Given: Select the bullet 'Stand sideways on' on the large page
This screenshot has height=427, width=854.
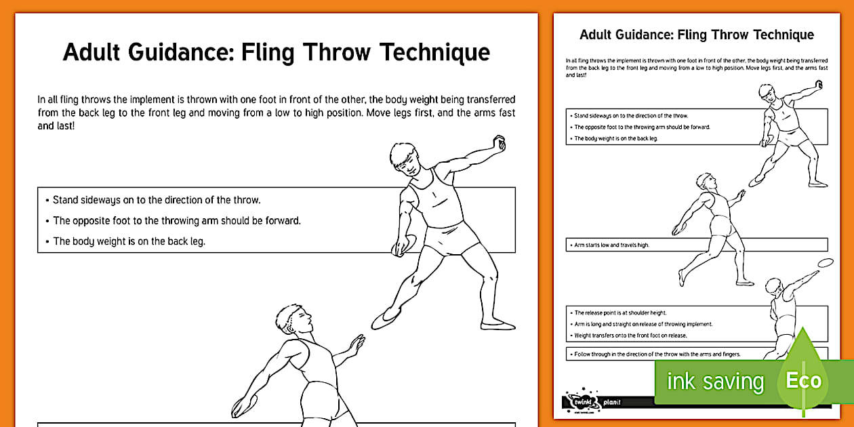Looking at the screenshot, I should [157, 200].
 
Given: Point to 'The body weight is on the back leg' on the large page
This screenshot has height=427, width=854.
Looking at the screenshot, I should [129, 241].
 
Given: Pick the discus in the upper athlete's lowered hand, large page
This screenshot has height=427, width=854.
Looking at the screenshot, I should [399, 246].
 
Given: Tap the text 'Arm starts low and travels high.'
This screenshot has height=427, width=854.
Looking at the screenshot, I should [611, 245].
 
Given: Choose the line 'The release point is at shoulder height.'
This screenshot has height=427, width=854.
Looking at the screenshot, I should [620, 313].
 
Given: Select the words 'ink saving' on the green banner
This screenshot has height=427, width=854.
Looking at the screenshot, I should [715, 382].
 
